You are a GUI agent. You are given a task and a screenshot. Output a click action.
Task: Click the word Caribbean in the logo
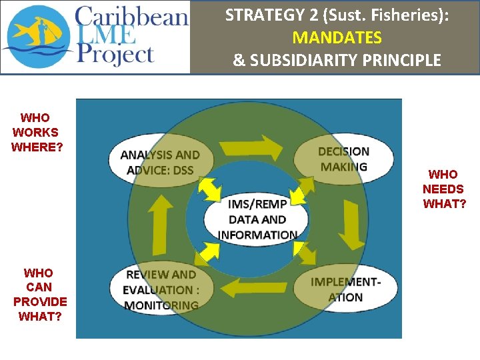[131, 16]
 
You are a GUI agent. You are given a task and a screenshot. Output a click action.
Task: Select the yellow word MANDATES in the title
[337, 37]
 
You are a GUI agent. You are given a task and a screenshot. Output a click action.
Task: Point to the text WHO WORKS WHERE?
[37, 133]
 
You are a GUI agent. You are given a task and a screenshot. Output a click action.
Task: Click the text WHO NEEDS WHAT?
[444, 189]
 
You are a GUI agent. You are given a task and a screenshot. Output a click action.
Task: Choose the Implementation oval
[344, 288]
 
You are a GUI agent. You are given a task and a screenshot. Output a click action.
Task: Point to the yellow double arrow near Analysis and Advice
[210, 187]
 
